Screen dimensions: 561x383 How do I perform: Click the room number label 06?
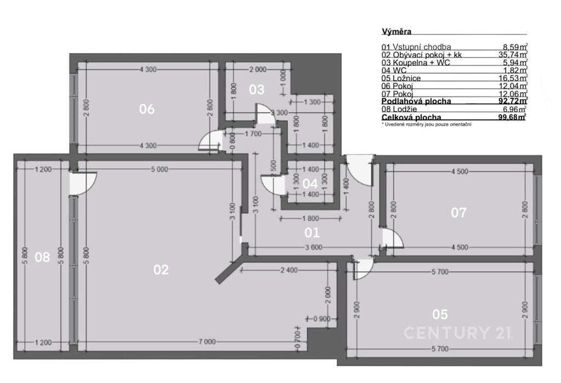tap(147, 109)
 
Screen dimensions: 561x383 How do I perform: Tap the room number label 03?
tap(256, 89)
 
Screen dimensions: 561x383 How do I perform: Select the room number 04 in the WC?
tap(310, 184)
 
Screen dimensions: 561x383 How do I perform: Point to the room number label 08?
tap(42, 256)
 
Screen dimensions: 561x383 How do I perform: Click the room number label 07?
tap(459, 213)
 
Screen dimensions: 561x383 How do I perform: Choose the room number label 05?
tap(440, 315)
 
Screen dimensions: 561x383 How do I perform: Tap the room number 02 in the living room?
tap(161, 270)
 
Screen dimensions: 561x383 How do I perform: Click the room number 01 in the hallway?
tap(312, 233)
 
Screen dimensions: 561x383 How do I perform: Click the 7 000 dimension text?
tap(207, 342)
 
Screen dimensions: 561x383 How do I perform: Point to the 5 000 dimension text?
tap(159, 169)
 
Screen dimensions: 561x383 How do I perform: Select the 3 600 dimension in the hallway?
tap(314, 247)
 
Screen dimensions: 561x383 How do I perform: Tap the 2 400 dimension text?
tap(289, 270)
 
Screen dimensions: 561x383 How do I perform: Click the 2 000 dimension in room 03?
tap(257, 70)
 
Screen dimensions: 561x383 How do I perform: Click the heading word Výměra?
tap(397, 31)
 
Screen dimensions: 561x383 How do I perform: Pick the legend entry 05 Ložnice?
tap(401, 78)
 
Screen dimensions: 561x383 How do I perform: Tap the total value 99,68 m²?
tap(513, 117)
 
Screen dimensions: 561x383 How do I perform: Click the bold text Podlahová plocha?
tap(416, 101)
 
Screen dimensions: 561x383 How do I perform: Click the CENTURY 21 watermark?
tap(458, 333)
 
